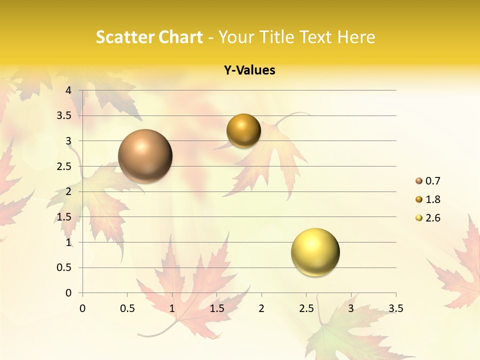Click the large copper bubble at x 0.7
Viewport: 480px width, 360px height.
click(145, 156)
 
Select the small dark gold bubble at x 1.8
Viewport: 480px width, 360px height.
click(243, 130)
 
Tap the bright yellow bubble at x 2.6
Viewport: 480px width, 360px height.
click(315, 252)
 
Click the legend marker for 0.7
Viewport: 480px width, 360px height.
click(419, 181)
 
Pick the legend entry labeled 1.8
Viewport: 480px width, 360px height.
click(432, 199)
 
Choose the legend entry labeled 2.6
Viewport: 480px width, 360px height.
click(432, 218)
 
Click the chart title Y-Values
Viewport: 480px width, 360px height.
click(249, 70)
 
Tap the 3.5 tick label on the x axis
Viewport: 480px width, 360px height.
click(395, 308)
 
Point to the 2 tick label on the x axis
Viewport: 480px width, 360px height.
click(261, 308)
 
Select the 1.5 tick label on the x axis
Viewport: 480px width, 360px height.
click(216, 308)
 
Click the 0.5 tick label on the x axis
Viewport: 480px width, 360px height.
click(127, 308)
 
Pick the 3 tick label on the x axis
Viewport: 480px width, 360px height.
click(351, 308)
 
